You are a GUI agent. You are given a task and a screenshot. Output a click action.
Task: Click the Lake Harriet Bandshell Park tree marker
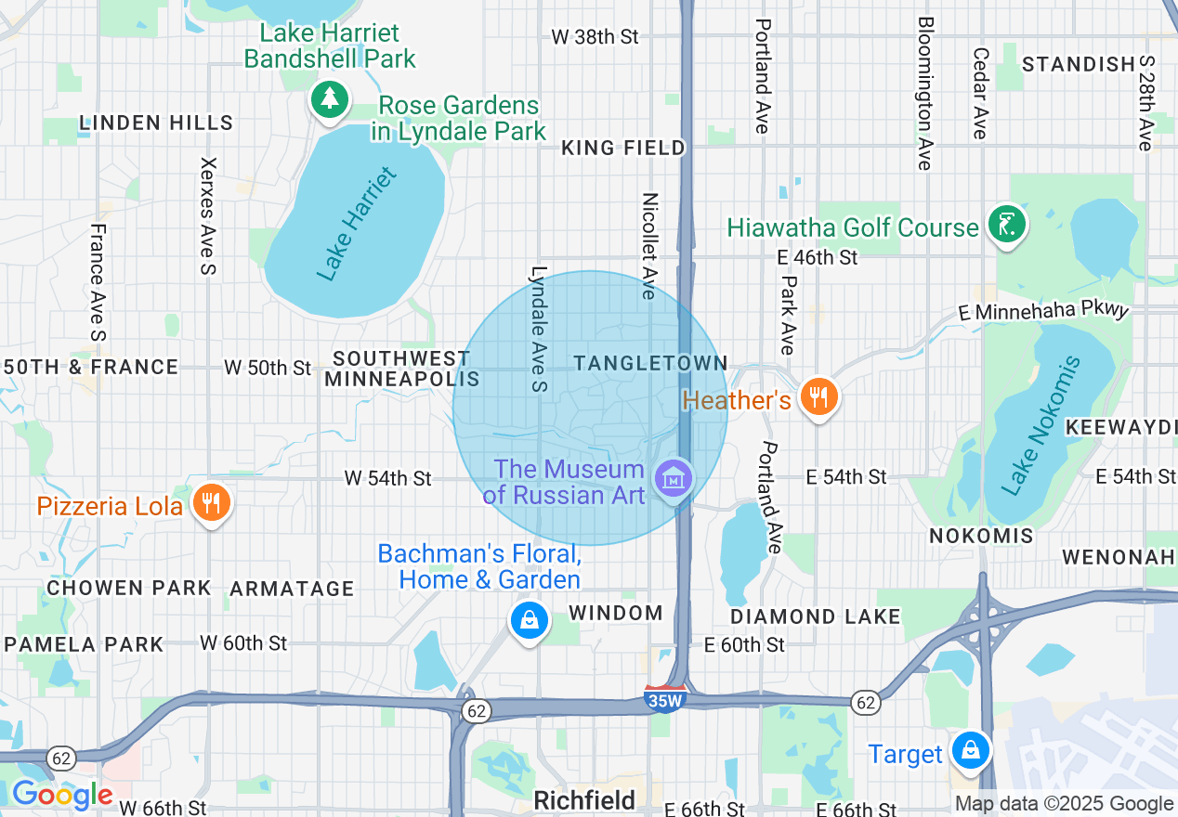coord(328,98)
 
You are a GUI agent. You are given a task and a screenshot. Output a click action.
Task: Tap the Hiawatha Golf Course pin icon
coord(1006,224)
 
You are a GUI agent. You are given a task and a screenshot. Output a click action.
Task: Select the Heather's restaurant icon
coord(818,397)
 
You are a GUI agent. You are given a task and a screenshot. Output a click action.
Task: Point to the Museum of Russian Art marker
coord(674,479)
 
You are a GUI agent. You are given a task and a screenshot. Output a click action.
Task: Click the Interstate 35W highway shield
coord(664,698)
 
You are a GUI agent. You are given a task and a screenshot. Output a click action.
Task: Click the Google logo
coord(61,795)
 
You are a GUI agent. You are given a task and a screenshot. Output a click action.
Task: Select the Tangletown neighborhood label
coord(650,363)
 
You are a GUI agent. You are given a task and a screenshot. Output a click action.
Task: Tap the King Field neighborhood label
coord(623,148)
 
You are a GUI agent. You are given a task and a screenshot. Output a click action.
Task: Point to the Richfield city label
coord(584,800)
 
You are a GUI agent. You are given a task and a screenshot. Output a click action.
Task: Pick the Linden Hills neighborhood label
coord(156,123)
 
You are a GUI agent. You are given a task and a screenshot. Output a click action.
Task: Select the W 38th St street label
coord(595,37)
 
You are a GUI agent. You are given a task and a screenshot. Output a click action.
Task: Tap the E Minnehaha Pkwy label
coord(1043,311)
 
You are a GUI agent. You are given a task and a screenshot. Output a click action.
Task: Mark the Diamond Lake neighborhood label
coord(815,616)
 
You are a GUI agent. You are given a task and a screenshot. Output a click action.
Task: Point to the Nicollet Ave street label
coord(649,246)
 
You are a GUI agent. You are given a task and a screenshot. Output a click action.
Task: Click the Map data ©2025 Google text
coord(1065,804)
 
